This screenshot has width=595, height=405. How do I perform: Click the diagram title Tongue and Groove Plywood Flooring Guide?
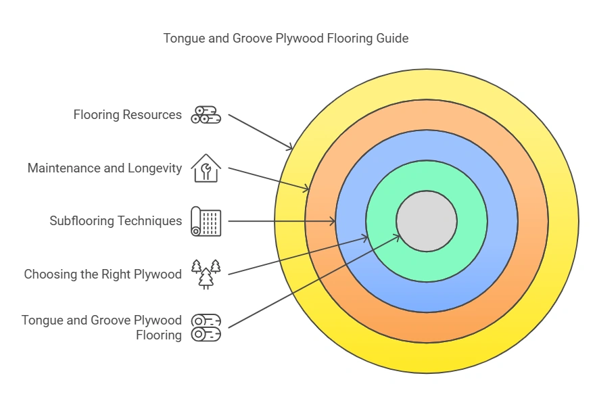coord(285,39)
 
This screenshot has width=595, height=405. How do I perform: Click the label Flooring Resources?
coord(127,115)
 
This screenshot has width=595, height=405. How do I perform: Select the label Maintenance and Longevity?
coord(104,168)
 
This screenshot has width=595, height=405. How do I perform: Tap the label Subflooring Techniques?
coord(116,221)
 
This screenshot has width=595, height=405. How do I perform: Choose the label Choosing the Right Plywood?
coord(103,274)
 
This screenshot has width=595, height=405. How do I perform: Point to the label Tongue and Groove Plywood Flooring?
coord(101,327)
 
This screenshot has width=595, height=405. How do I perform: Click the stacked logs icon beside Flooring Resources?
coord(206,115)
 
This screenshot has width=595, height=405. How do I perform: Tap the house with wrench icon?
coord(206,168)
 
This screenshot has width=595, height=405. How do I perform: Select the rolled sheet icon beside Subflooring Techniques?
coord(206,221)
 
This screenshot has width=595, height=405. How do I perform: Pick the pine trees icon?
coord(206,274)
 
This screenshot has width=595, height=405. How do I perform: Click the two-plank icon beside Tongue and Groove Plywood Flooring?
coord(206,327)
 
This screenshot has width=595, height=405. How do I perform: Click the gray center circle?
coord(427,220)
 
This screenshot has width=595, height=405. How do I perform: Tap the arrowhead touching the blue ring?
coord(333,221)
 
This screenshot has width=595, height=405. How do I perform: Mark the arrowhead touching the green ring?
coord(365,237)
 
